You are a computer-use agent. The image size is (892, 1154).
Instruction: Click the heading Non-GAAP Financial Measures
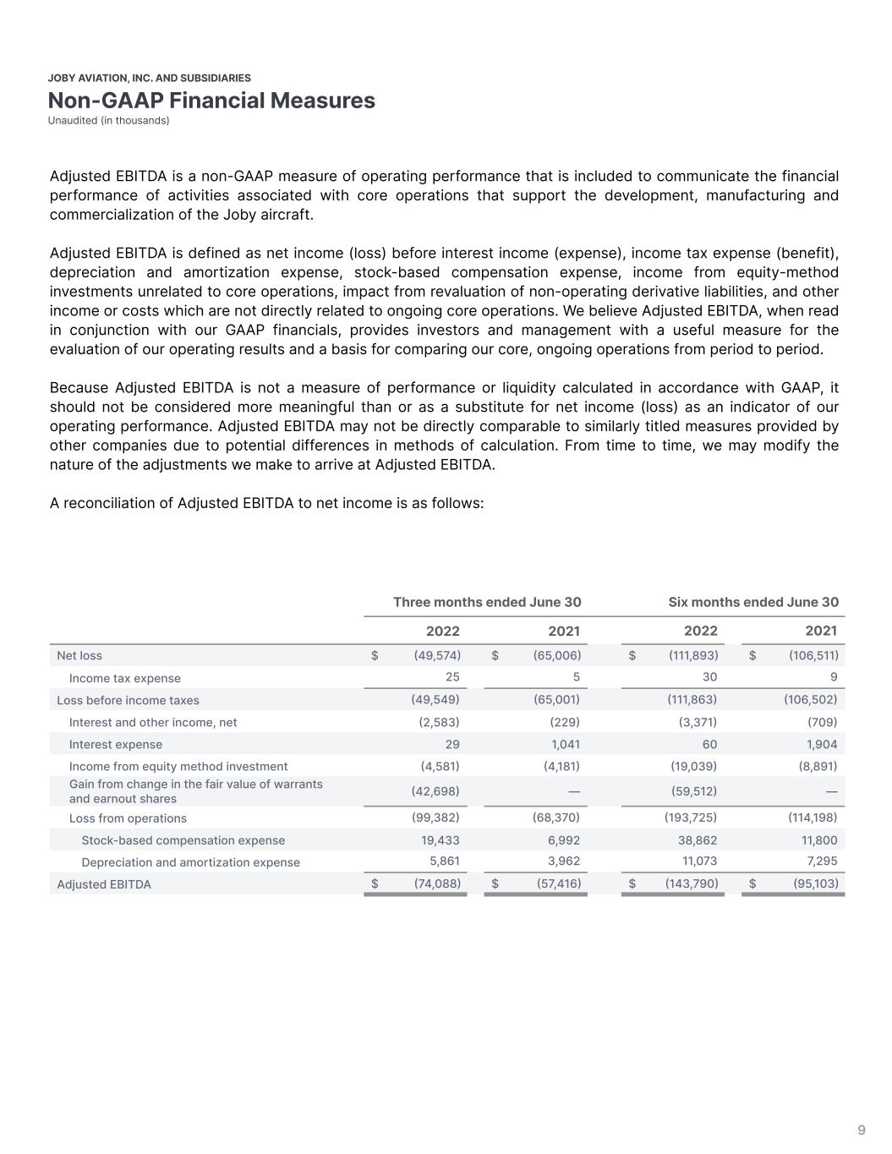(x=211, y=101)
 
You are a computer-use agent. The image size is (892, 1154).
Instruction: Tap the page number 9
(x=862, y=1130)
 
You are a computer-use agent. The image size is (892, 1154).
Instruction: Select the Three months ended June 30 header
(x=487, y=603)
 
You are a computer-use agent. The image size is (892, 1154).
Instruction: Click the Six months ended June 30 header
(x=753, y=603)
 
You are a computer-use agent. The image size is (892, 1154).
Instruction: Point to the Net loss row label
(x=79, y=656)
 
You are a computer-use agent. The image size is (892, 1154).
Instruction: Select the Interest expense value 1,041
(x=563, y=745)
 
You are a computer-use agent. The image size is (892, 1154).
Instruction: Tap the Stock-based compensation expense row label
(x=183, y=840)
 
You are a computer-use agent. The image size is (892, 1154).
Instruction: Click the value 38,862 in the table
(x=698, y=840)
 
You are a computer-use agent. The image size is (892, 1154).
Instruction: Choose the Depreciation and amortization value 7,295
(x=820, y=861)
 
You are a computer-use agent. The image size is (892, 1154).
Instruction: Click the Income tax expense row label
(x=124, y=678)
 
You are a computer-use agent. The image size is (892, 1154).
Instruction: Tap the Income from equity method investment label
(x=178, y=767)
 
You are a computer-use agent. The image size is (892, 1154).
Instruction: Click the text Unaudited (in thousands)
(x=108, y=121)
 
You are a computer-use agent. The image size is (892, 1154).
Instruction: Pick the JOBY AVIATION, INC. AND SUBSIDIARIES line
(x=150, y=78)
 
